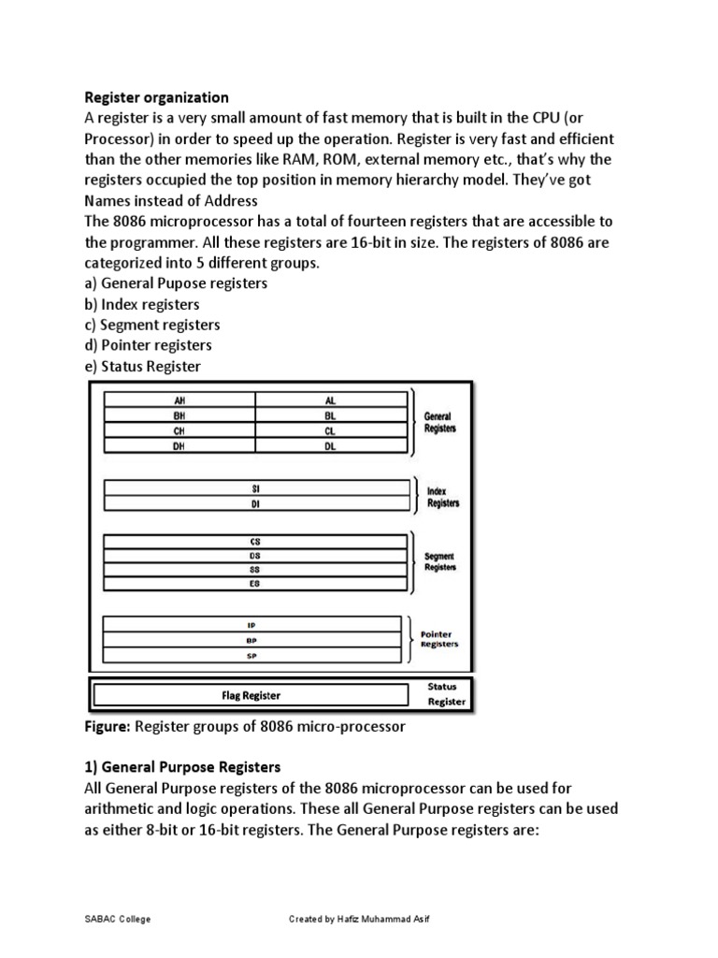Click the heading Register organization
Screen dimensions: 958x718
pos(156,96)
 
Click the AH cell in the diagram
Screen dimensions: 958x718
pos(180,399)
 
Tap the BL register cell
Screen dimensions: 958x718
pos(330,415)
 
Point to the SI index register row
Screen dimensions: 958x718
pos(255,488)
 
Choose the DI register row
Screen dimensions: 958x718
pos(255,503)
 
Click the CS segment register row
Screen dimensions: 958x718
pos(255,541)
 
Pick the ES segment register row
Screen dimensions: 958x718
pos(255,583)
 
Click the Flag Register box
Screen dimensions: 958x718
pos(251,695)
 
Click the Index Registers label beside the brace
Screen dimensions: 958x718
pos(442,497)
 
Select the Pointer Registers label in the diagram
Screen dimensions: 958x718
pos(439,639)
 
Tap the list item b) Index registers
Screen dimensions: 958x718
pos(142,304)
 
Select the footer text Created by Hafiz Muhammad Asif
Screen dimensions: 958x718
pos(360,919)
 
